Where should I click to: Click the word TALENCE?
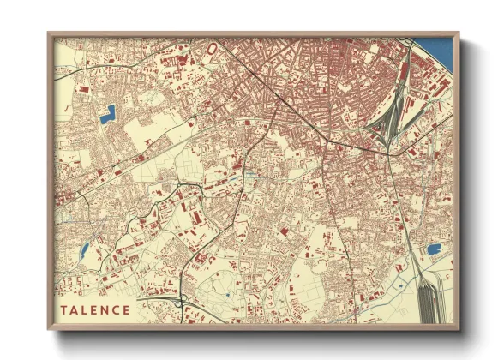coord(96,309)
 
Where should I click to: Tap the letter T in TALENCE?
coord(64,309)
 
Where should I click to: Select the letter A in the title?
coord(75,309)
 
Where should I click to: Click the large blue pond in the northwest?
coord(108,114)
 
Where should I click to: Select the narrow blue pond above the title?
coord(84,251)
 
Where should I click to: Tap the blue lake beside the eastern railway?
coord(434,249)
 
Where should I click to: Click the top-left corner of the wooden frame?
coord(50,34)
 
